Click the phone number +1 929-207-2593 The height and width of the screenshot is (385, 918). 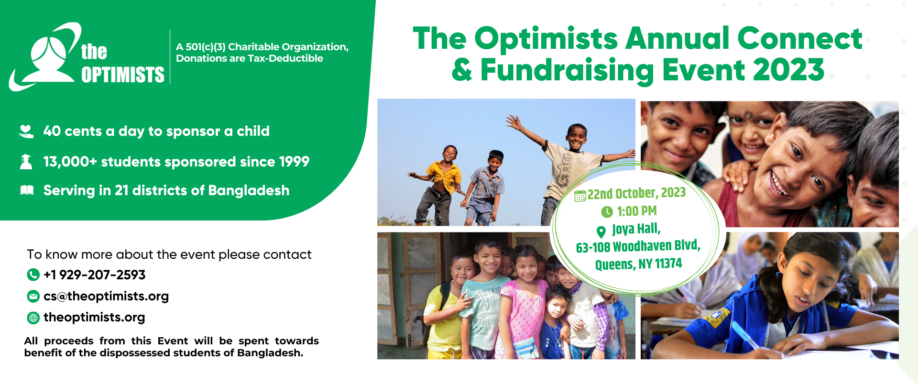point(94,275)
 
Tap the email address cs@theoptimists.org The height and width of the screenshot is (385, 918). point(106,297)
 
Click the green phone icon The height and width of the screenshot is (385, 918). point(33,275)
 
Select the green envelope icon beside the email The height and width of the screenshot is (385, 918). point(33,297)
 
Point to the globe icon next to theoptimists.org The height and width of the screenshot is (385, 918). point(33,318)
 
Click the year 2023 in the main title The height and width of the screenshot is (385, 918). point(789,70)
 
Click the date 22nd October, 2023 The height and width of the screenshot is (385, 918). point(636,193)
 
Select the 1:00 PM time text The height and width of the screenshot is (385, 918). point(636,211)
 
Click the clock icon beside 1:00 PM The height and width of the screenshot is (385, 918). point(607,212)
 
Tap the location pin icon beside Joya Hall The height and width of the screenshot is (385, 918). point(601,232)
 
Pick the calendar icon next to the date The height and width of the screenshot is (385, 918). point(580,196)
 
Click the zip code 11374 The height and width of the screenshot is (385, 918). point(668,264)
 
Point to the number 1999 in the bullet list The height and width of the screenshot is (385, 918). point(294,162)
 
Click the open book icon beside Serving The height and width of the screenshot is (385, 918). point(27,190)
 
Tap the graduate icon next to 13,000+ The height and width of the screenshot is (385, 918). point(26,162)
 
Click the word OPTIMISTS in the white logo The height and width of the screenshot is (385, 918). point(123,75)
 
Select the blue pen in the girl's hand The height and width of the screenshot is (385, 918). point(745,334)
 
